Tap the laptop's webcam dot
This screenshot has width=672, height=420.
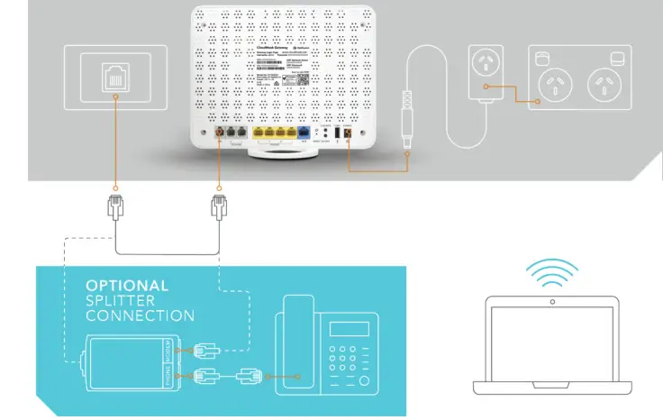click(x=551, y=300)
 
